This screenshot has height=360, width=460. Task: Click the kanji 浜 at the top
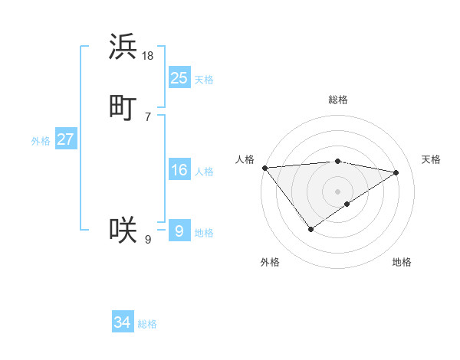pos(123,47)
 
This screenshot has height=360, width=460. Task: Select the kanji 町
pos(123,106)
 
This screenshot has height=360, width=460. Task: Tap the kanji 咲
pos(123,229)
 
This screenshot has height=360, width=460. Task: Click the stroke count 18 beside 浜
pos(148,56)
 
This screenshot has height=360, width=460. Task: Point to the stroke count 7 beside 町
pos(148,116)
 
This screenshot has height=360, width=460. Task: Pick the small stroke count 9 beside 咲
pos(148,240)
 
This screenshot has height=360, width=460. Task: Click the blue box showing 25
pos(179,77)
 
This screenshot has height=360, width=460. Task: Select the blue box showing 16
pos(179,170)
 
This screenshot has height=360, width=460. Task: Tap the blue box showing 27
pos(66,139)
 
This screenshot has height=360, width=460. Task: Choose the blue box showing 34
pos(123,322)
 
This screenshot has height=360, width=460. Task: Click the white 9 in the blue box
pos(179,231)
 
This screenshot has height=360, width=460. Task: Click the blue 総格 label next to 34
pos(147,324)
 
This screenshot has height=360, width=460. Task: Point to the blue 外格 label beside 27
pos(41,141)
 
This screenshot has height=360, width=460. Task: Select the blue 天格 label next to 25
pos(204,80)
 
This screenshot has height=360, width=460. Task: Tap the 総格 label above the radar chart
pos(338,100)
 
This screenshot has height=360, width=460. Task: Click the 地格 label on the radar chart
pos(402,263)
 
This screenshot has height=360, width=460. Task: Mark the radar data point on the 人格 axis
pos(264,168)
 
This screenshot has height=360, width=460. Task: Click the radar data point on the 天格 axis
pos(396,172)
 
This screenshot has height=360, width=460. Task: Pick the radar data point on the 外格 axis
pos(311,229)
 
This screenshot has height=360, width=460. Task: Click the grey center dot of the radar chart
pos(338,191)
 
